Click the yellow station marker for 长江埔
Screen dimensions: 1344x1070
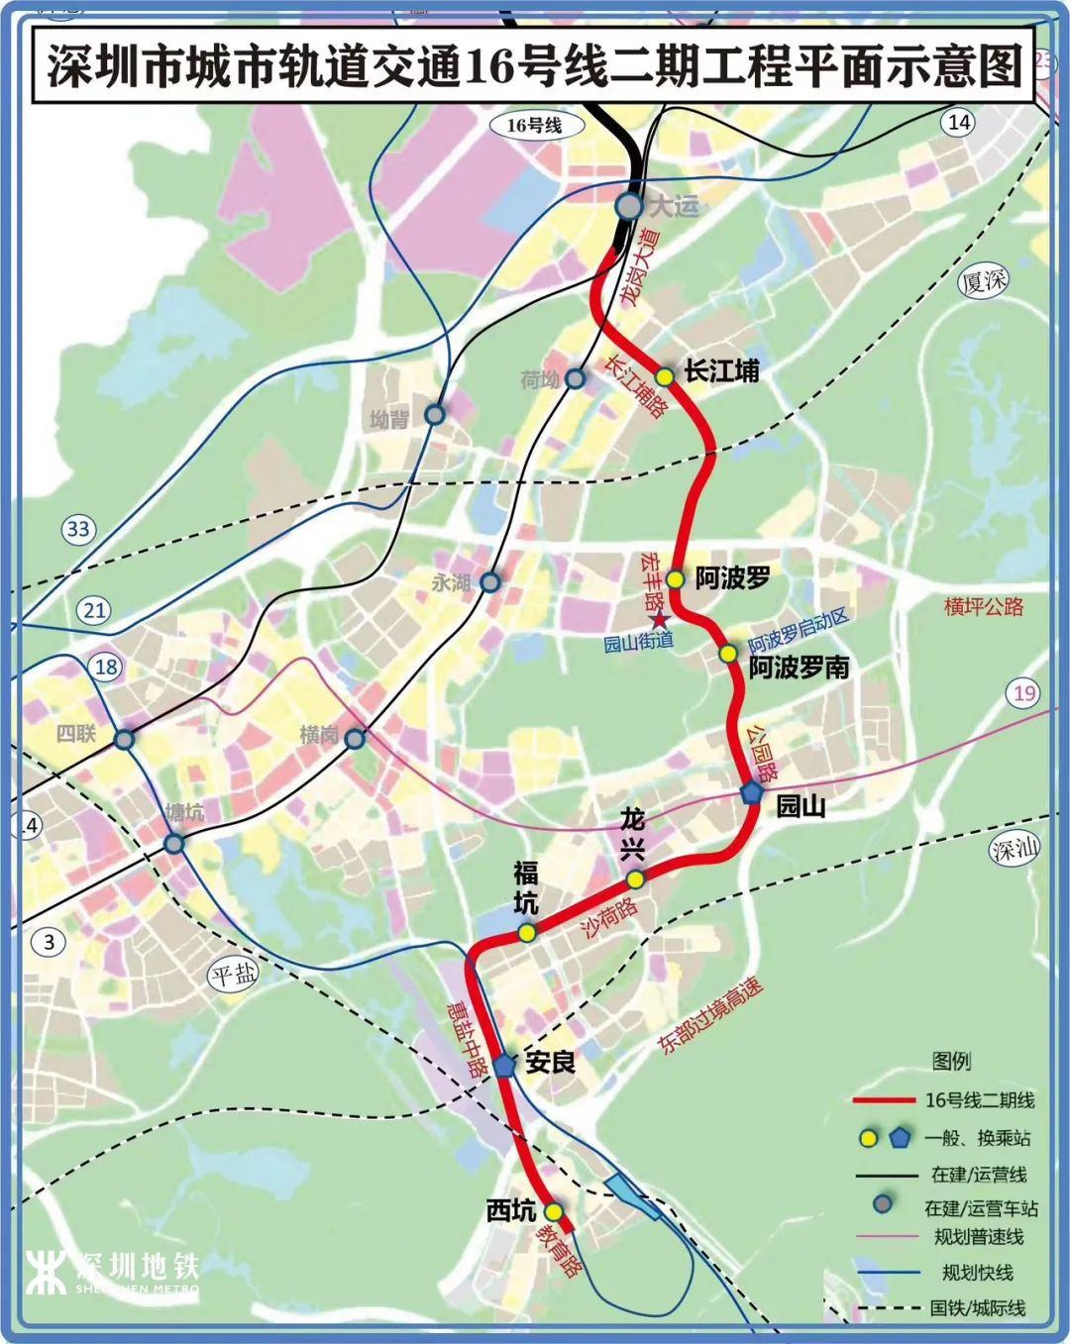pos(664,376)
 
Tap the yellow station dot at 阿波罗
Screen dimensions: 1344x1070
pos(675,578)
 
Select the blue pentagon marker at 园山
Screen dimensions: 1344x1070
pos(752,792)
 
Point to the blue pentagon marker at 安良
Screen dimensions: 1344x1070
pos(505,1065)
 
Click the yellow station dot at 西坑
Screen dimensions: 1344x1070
pos(553,1211)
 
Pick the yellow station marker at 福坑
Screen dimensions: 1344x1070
pos(527,932)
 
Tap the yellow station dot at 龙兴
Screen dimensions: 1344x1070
pos(635,879)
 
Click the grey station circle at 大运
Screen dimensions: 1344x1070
pos(629,206)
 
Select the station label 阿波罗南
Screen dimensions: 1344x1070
pos(799,668)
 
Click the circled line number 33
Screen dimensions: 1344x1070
pos(78,529)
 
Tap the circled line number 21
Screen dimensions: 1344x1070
pos(95,610)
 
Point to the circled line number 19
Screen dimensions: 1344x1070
pos(1024,693)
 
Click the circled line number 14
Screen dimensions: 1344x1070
pos(958,123)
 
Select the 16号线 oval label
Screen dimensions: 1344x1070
pos(534,126)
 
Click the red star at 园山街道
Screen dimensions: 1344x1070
pos(660,621)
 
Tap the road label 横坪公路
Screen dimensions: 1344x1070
pos(983,606)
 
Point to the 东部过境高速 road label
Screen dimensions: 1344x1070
pos(710,1015)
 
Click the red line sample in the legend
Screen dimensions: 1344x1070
pos(883,1100)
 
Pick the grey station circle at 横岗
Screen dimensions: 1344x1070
pos(355,738)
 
